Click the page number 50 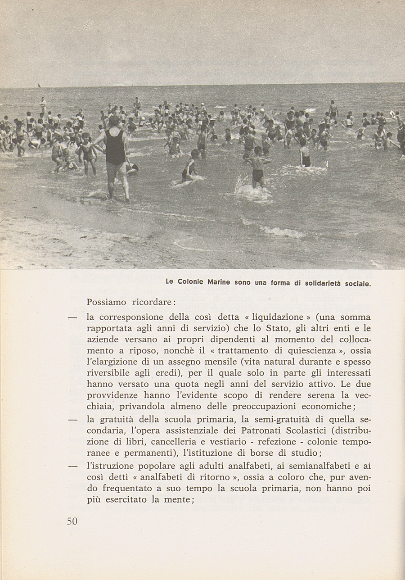[72, 521]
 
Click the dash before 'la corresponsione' [72, 317]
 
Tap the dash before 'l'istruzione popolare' [72, 467]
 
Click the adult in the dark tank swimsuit [116, 155]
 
